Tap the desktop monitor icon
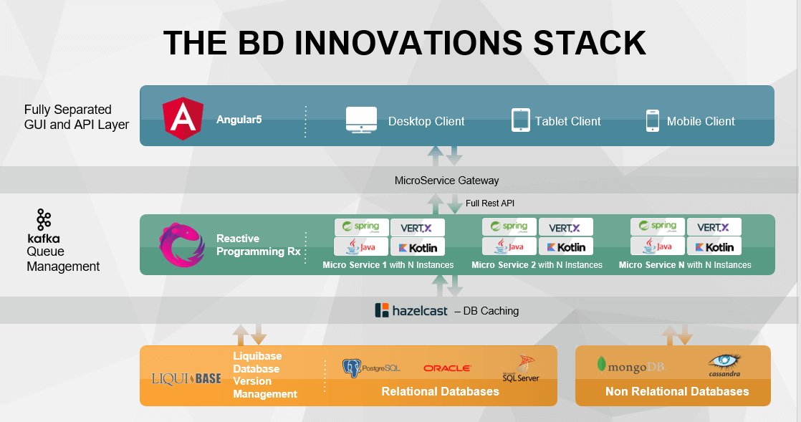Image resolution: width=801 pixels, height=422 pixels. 361,120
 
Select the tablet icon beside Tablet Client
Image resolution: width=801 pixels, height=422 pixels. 520,120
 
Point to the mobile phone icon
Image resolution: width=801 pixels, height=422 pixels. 652,120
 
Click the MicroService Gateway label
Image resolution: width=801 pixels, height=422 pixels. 446,180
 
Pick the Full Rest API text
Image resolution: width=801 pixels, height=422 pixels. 490,203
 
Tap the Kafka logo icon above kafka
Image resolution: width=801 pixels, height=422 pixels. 44,219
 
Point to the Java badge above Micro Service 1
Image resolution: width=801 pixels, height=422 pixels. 362,247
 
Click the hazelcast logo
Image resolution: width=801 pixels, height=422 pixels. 411,311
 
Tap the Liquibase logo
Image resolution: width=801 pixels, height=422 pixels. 186,378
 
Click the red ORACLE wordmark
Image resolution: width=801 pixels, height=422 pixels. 447,368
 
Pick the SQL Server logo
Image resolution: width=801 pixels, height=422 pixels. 521,368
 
